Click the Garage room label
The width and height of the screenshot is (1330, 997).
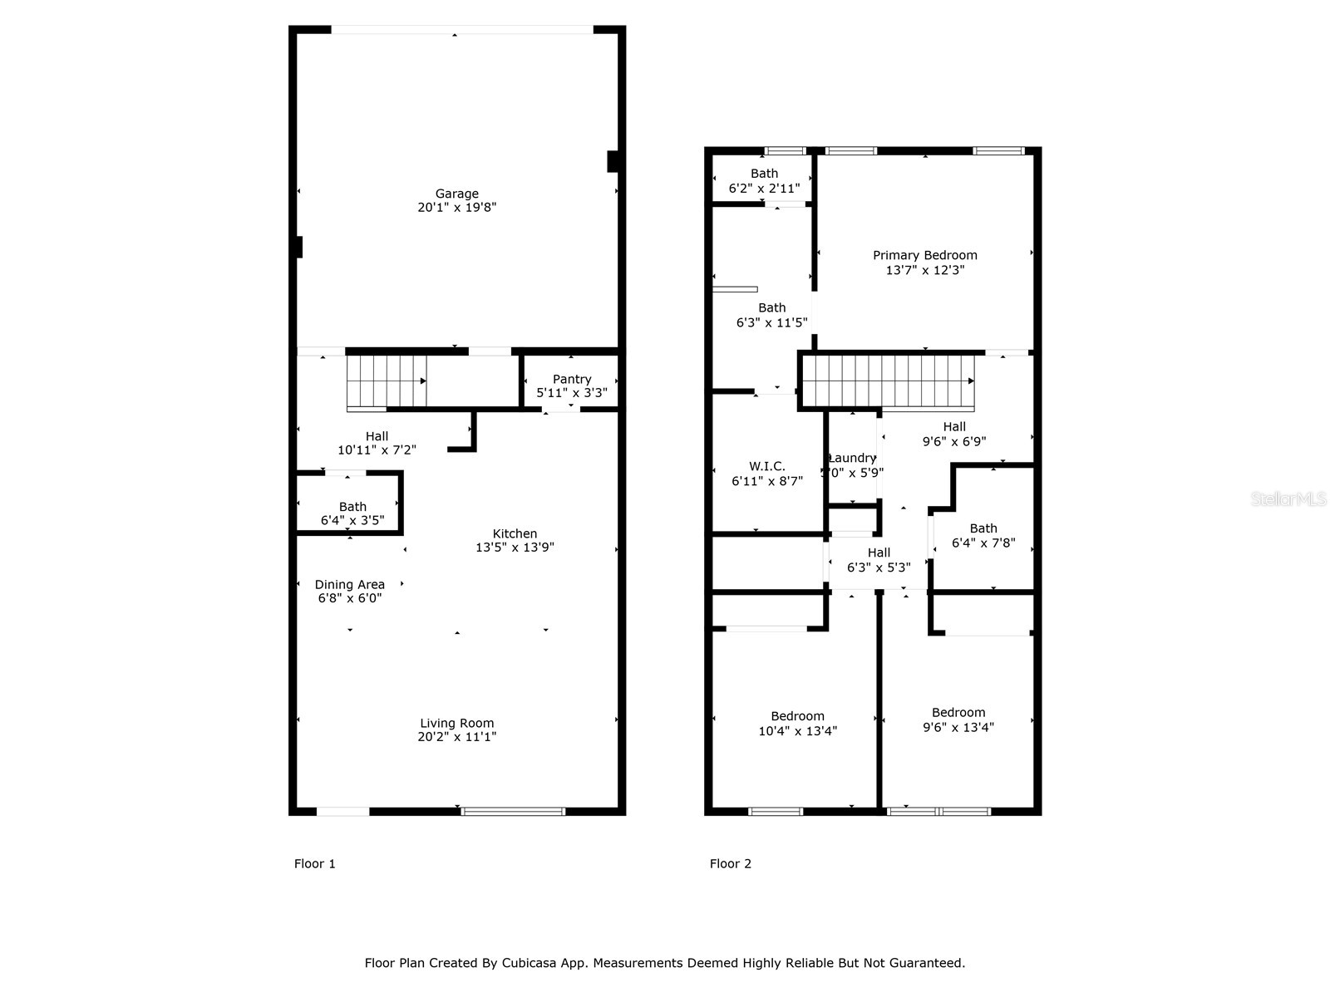point(456,194)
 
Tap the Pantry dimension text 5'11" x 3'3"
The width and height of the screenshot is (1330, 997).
point(572,393)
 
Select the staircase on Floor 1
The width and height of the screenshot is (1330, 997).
point(387,381)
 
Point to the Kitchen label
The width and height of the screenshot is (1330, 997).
point(515,533)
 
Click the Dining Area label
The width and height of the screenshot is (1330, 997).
point(349,584)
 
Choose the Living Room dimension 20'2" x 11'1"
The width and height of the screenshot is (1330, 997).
point(456,737)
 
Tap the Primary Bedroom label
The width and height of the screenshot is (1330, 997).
point(924,255)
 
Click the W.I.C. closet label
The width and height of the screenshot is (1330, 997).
point(766,466)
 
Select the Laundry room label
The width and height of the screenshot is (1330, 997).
point(852,458)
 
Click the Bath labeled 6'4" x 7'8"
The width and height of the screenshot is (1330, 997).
point(983,535)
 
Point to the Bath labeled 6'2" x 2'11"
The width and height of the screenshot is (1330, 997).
point(764,180)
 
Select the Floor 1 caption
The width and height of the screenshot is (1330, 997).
point(315,864)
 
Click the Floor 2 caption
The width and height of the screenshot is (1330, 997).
point(731,864)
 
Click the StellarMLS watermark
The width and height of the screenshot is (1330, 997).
point(1288,499)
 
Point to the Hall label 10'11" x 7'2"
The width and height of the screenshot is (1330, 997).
point(377,443)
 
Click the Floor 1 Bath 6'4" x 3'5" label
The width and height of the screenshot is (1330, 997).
point(352,513)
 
